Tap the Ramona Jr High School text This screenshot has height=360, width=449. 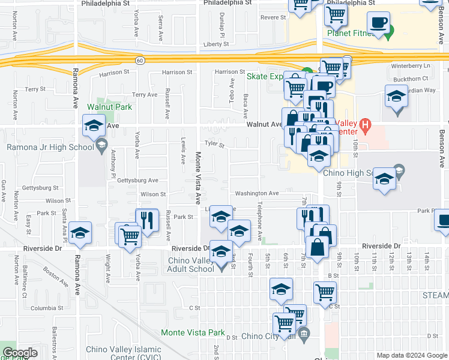(x=48, y=147)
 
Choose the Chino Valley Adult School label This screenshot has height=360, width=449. (x=190, y=265)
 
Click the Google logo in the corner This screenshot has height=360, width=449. (x=20, y=353)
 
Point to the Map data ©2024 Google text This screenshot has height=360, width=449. (x=411, y=355)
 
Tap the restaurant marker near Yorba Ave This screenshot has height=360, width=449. (x=146, y=220)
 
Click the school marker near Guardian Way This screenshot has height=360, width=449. (x=396, y=98)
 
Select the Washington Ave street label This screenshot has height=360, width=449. (x=256, y=194)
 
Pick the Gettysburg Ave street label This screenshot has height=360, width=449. (x=137, y=180)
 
